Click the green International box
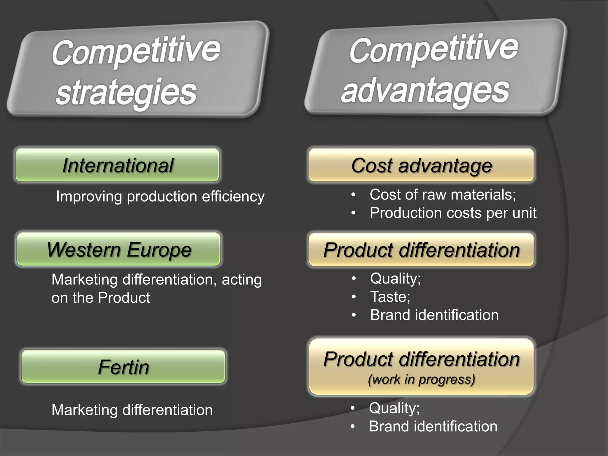(118, 165)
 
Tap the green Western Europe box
(119, 249)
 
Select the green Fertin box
(123, 367)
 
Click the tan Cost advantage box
(421, 165)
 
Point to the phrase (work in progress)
(422, 379)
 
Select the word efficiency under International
(233, 197)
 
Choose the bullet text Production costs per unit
(453, 213)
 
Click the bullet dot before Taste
(354, 297)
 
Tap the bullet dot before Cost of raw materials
(353, 195)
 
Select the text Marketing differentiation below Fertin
(132, 410)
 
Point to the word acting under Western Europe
(242, 280)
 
